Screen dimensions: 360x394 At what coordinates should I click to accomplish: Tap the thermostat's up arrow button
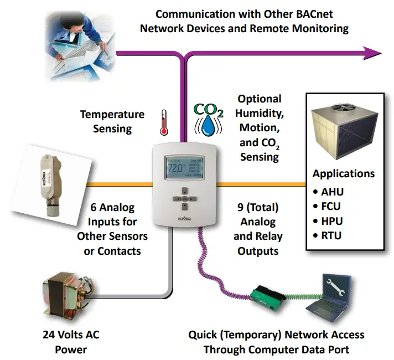(x=183, y=189)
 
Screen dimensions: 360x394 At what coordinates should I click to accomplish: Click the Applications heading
(x=343, y=173)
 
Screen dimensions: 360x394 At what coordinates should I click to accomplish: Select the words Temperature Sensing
(x=112, y=121)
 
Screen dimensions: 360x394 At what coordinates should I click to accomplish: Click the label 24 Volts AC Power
(x=71, y=342)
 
